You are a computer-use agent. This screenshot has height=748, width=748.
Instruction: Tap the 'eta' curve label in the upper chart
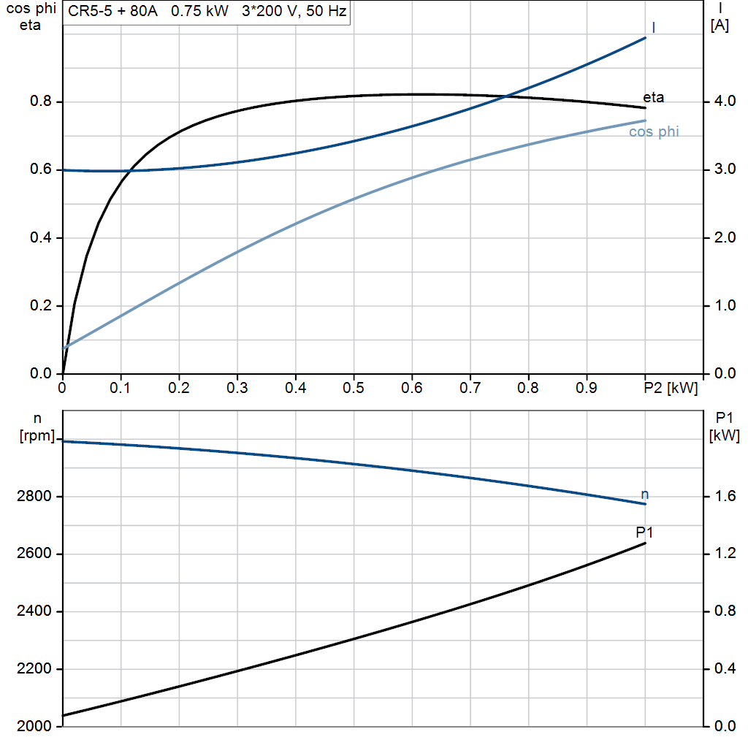(x=653, y=97)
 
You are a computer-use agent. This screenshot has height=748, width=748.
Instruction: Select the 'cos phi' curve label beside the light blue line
(x=654, y=132)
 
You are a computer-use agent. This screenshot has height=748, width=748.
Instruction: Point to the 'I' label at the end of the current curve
(x=653, y=28)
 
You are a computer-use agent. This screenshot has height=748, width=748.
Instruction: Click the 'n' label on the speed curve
(x=644, y=495)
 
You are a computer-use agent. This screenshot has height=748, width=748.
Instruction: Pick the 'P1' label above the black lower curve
(x=644, y=532)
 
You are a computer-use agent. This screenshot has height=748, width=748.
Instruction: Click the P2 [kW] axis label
(x=671, y=388)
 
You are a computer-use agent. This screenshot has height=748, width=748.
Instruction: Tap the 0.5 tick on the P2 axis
(x=354, y=388)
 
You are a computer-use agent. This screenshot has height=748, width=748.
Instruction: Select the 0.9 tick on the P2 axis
(x=587, y=388)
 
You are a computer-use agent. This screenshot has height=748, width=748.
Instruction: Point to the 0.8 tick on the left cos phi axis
(x=40, y=102)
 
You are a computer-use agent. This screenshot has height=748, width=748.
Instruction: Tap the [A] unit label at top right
(x=720, y=26)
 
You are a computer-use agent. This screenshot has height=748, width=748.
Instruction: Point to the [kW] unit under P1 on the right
(x=724, y=436)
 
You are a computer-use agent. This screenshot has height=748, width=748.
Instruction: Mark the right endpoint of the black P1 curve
(x=646, y=543)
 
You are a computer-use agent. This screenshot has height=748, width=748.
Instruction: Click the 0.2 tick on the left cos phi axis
(x=40, y=305)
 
